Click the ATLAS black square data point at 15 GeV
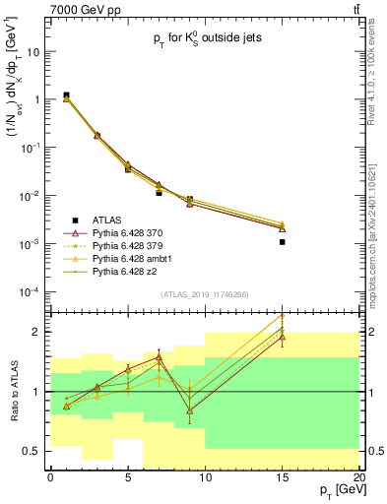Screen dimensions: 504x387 283,241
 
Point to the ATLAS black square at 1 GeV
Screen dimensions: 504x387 66,95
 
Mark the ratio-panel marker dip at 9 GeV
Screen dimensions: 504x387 190,409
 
